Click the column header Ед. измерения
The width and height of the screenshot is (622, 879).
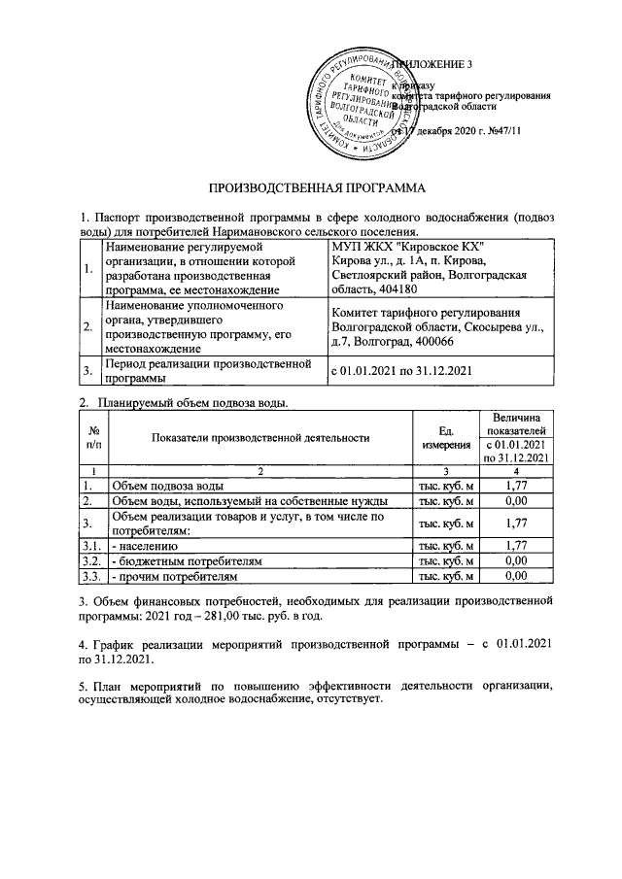click(x=446, y=437)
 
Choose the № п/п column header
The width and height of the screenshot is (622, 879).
click(x=93, y=437)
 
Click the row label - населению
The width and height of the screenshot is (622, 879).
click(x=146, y=547)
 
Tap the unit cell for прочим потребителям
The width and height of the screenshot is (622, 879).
click(x=446, y=576)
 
